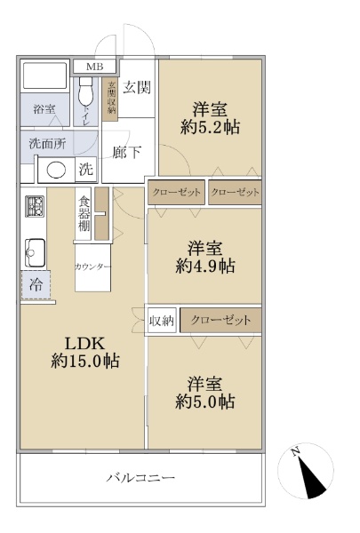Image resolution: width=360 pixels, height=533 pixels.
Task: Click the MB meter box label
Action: tap(94, 67)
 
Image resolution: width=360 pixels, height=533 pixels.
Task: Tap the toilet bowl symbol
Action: tap(85, 91)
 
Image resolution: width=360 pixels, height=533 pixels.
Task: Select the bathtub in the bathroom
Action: tap(44, 76)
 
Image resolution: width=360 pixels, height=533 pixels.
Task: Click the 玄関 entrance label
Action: tap(137, 87)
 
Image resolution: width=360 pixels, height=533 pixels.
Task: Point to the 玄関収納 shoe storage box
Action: tap(110, 99)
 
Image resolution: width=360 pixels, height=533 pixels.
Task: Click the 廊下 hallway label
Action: tap(126, 152)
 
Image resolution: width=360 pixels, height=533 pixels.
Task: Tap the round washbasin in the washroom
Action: tap(56, 170)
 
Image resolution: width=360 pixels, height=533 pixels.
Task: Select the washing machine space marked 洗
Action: tap(85, 169)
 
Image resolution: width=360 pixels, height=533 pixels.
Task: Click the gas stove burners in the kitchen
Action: tap(35, 206)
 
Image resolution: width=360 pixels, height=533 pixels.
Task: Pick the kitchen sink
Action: tap(35, 252)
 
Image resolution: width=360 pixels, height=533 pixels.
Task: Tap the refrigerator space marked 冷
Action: tap(36, 285)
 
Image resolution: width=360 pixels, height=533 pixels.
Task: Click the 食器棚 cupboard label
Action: tap(84, 214)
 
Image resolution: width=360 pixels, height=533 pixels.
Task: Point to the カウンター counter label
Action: tap(92, 266)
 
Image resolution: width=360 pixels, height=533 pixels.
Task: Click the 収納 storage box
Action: tap(162, 320)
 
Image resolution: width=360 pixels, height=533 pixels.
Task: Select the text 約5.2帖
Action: tap(210, 127)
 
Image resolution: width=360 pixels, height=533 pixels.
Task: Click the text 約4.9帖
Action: tap(205, 266)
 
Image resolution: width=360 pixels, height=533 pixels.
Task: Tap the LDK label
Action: tap(84, 344)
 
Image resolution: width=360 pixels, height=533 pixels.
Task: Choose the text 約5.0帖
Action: tap(204, 402)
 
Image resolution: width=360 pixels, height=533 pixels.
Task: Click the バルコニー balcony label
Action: tap(140, 478)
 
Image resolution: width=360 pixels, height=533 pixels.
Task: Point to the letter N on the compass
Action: tap(295, 451)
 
